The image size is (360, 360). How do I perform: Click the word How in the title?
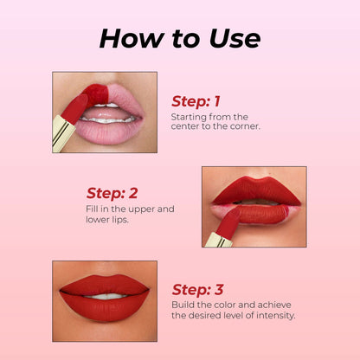[132, 38]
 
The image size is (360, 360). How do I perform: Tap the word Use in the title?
[235, 38]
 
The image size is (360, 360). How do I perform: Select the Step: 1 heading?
[196, 101]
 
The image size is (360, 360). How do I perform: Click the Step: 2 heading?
[112, 193]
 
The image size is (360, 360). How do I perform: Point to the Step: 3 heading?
[197, 290]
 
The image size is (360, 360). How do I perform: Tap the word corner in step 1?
[245, 126]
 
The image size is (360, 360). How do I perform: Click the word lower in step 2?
[98, 219]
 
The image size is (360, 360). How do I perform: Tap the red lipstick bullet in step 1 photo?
[74, 109]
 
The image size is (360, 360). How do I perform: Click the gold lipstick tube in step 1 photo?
[63, 133]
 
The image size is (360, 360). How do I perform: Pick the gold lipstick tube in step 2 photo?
[218, 240]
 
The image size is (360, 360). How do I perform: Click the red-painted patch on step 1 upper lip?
[96, 94]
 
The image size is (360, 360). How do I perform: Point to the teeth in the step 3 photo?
[106, 296]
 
